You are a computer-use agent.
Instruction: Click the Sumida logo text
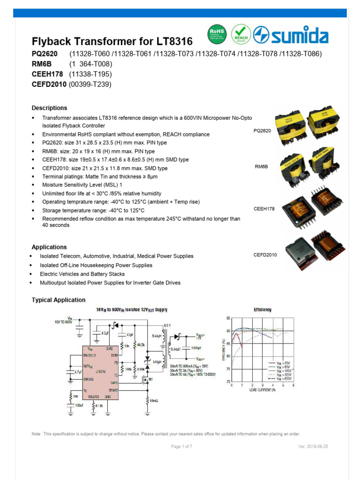(298, 36)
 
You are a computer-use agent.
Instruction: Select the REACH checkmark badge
(241, 35)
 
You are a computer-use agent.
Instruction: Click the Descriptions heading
(49, 108)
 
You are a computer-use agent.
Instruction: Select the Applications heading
(49, 247)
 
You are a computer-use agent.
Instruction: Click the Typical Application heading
(59, 300)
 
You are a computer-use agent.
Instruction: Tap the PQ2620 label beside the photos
(262, 131)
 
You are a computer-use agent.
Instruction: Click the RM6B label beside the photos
(261, 167)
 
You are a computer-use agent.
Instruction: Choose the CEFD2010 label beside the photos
(265, 255)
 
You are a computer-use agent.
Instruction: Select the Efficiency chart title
(262, 310)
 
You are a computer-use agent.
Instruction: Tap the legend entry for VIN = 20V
(283, 363)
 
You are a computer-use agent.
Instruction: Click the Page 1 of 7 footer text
(181, 447)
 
